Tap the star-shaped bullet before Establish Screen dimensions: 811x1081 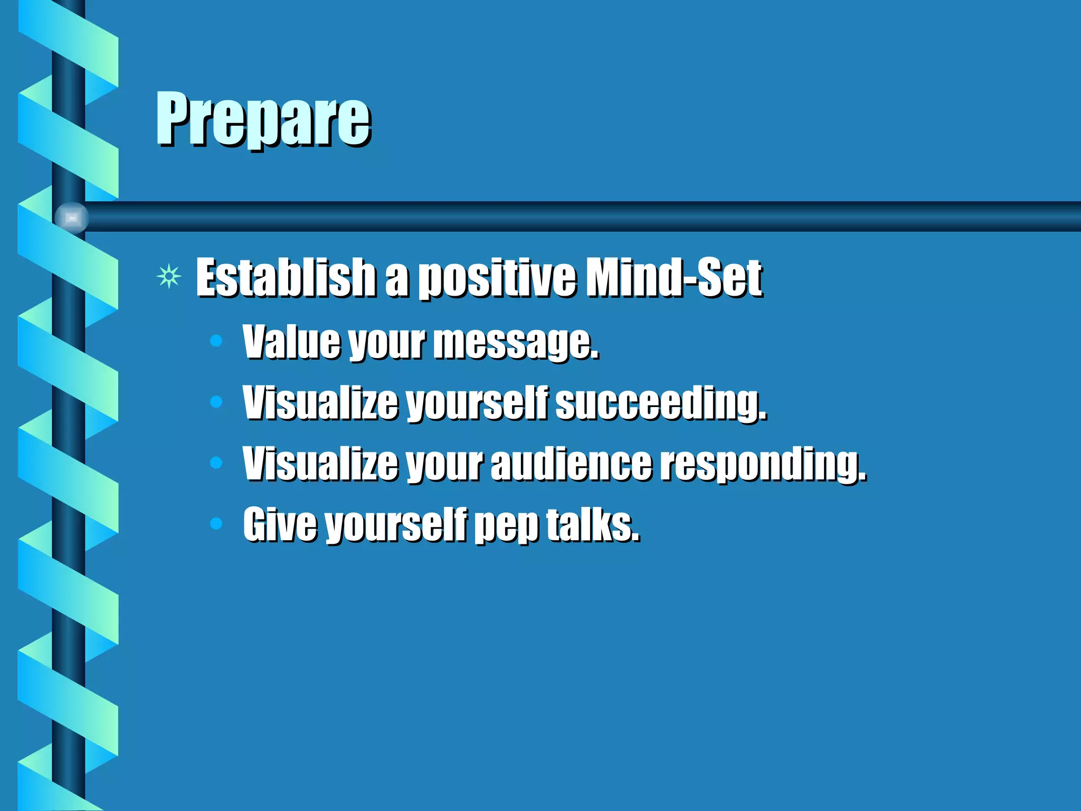point(169,277)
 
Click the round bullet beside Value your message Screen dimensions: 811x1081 point(216,341)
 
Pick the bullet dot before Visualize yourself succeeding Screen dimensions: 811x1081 point(216,402)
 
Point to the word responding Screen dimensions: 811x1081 point(763,464)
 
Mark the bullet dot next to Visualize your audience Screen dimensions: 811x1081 point(216,463)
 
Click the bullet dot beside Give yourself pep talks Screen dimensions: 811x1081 point(216,524)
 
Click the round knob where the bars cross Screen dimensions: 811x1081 point(72,217)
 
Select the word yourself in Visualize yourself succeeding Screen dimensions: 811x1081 point(478,403)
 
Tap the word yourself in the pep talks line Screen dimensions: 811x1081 point(396,525)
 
